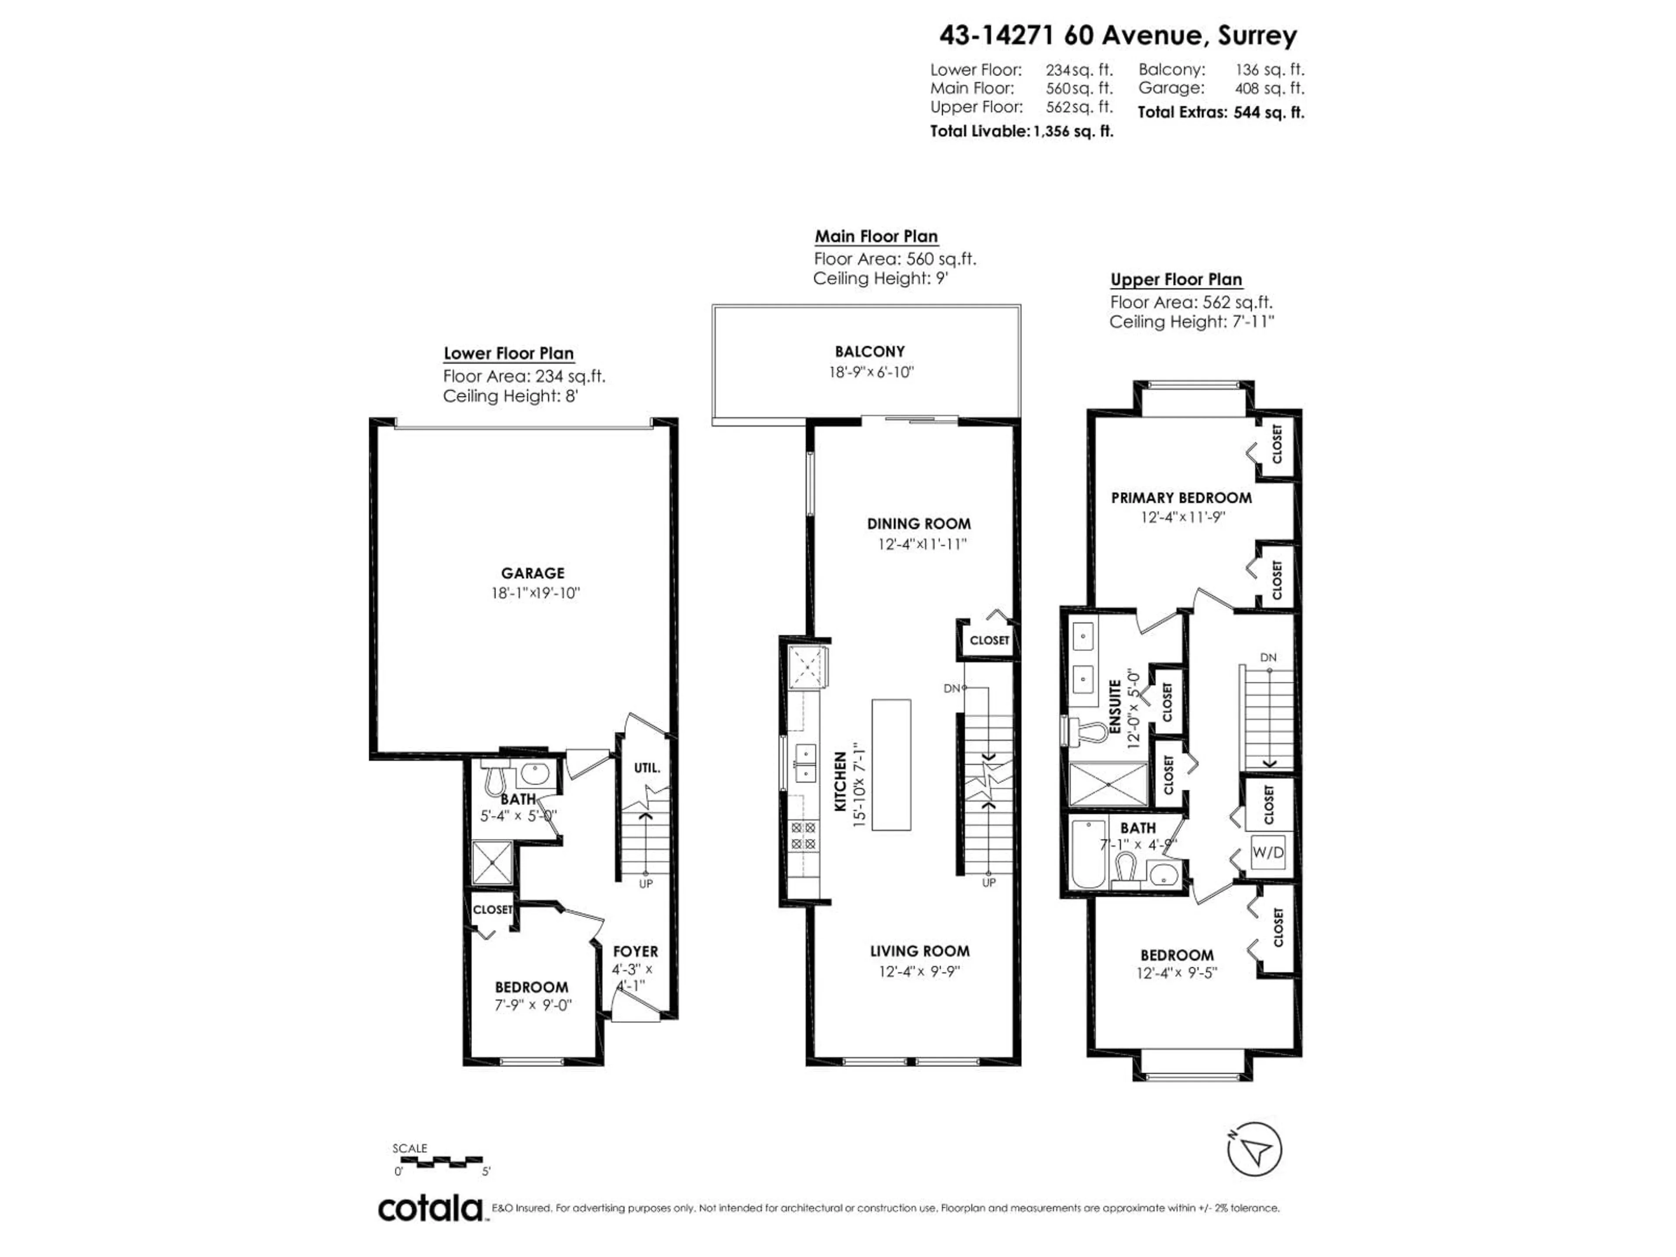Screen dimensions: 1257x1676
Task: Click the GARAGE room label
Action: tap(532, 574)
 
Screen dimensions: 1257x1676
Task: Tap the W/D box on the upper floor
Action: tap(1267, 852)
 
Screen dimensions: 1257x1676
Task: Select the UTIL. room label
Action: tap(647, 768)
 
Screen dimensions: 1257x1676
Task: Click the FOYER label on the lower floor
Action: tap(635, 951)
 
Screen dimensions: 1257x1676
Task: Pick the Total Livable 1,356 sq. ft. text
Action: tap(1021, 131)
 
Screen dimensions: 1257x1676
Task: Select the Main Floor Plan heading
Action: tap(876, 237)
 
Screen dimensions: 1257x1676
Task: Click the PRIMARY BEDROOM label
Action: tap(1181, 498)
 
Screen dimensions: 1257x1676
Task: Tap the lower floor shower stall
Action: tap(492, 862)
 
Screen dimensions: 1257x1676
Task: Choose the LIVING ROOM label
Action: tap(919, 951)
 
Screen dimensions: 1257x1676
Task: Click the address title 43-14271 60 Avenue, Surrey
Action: tap(1118, 36)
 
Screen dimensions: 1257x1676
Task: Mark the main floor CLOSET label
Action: tap(989, 640)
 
